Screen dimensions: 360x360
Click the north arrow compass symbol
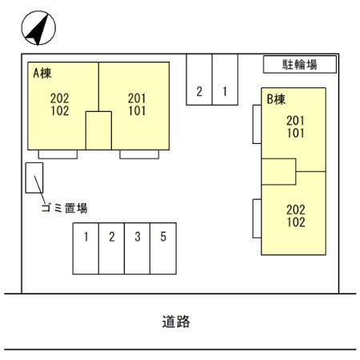click(38, 28)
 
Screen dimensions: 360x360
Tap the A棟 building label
click(42, 73)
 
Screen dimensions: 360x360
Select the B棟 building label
click(276, 99)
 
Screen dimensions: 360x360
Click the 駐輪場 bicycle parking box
click(300, 64)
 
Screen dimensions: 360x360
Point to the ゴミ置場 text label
click(64, 208)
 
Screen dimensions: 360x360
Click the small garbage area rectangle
click(34, 178)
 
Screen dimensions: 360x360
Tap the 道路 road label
click(176, 322)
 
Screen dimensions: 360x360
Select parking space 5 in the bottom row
click(163, 249)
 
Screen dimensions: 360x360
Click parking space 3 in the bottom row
click(138, 249)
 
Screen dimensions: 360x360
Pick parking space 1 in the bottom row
click(86, 249)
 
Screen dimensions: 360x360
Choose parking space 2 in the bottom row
click(112, 249)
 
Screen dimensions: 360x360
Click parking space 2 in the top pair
click(199, 79)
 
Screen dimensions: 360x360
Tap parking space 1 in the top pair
click(225, 79)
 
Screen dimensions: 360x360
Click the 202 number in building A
click(60, 98)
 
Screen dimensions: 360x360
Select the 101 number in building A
click(137, 110)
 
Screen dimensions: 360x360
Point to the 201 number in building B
click(295, 121)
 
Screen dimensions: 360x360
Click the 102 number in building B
click(296, 222)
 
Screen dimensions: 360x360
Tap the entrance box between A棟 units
click(98, 130)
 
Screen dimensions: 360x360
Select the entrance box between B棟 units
click(278, 172)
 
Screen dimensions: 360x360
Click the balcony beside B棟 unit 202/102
click(257, 218)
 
